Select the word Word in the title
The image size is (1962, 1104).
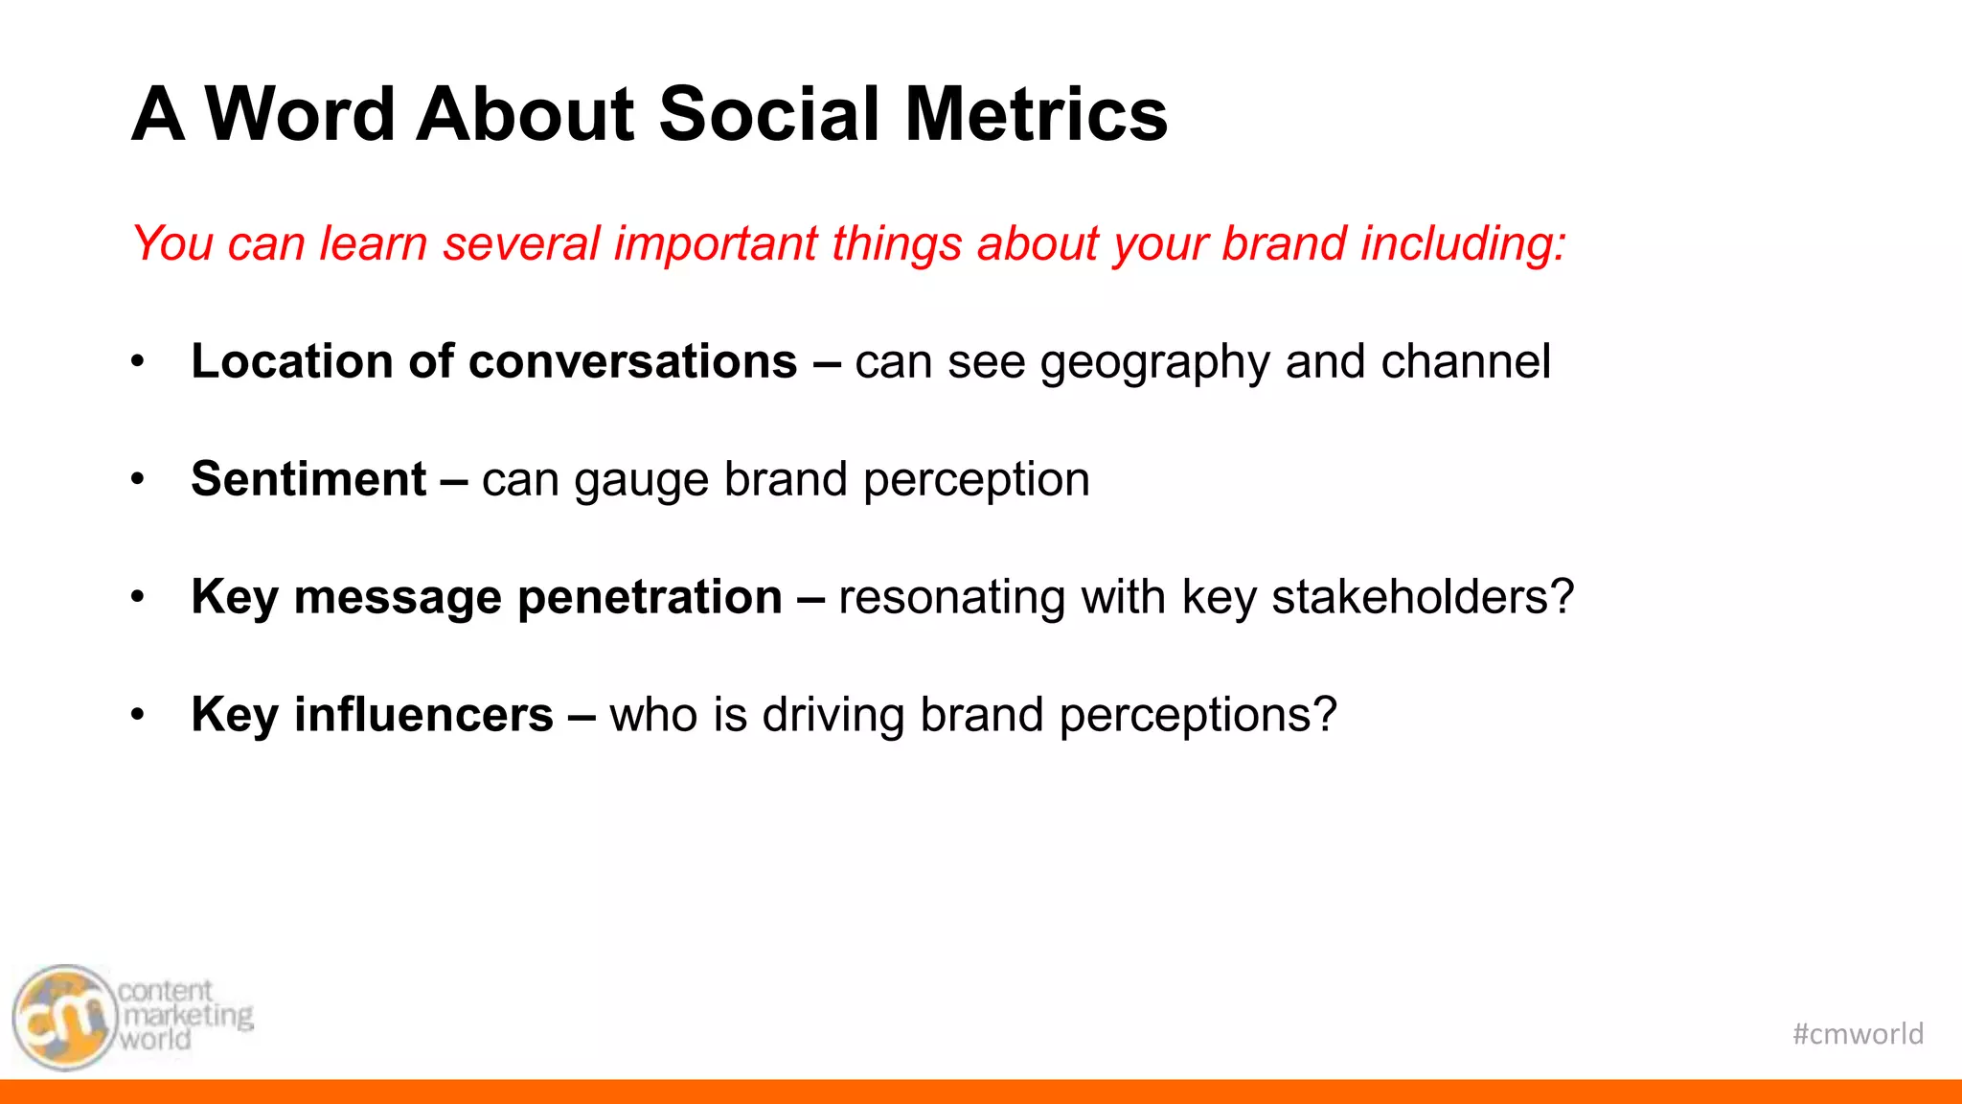click(x=300, y=114)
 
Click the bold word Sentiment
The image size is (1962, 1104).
click(x=308, y=479)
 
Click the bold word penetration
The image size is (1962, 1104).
click(x=650, y=598)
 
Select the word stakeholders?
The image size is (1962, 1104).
click(x=1423, y=597)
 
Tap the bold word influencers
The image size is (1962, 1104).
click(x=423, y=715)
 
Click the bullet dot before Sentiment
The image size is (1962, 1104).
click(x=138, y=478)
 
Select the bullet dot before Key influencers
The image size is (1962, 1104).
click(x=138, y=714)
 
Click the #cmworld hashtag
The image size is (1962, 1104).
click(x=1858, y=1034)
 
